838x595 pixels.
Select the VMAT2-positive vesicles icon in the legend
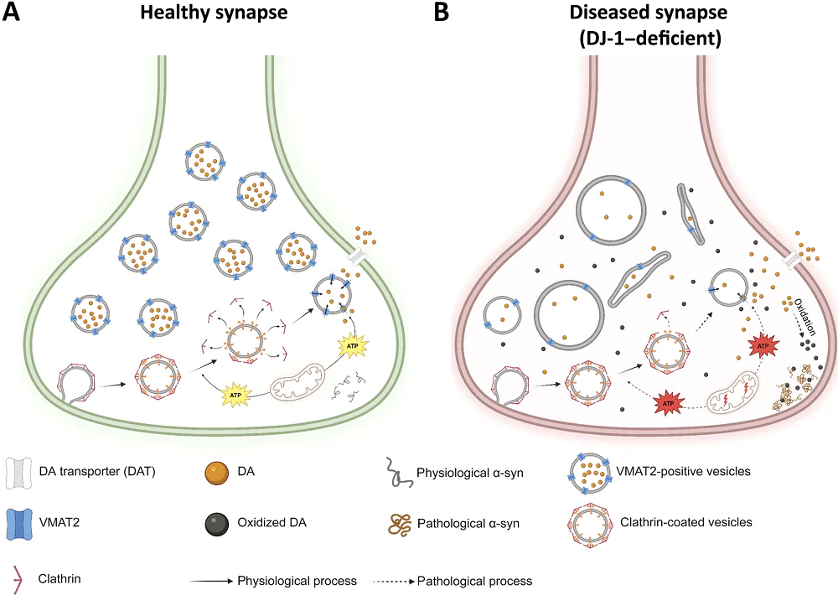pyautogui.click(x=588, y=472)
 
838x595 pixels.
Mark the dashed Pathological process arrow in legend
pyautogui.click(x=390, y=580)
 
